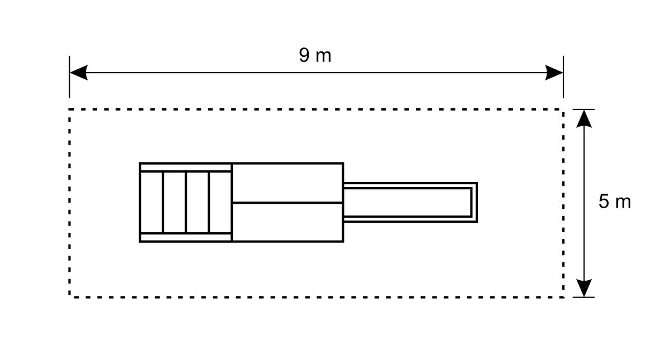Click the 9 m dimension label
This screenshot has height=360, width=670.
click(x=315, y=55)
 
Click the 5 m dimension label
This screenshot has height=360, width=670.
click(x=615, y=201)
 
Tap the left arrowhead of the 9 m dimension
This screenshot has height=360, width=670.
click(x=79, y=73)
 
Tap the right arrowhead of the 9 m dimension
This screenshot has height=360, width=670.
click(x=554, y=73)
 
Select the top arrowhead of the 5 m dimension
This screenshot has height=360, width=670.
click(x=584, y=119)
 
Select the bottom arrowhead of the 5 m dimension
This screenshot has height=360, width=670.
click(x=584, y=288)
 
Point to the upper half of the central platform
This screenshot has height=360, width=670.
click(x=288, y=183)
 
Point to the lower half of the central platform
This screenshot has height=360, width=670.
click(x=288, y=222)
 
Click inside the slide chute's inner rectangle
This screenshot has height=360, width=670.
click(x=407, y=203)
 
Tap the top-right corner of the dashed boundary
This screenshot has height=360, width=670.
click(x=563, y=109)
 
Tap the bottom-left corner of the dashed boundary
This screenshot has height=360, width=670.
click(x=69, y=297)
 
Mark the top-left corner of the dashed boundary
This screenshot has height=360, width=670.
click(x=69, y=109)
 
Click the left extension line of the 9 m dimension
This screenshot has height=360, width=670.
click(x=69, y=77)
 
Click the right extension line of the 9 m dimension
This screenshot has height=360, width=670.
click(x=563, y=77)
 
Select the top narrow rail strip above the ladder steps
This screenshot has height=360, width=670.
click(x=186, y=167)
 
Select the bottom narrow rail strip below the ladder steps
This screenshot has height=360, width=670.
click(x=186, y=237)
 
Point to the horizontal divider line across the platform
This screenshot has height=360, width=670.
click(x=288, y=203)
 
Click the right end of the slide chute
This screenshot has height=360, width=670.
click(x=476, y=203)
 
